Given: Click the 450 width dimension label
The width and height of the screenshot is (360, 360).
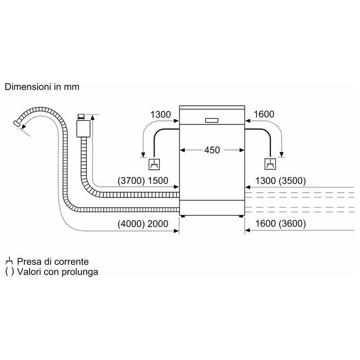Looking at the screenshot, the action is [x=212, y=150].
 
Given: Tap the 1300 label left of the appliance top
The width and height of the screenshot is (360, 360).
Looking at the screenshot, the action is [x=160, y=114].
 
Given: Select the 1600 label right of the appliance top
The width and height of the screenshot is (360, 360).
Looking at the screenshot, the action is [x=264, y=114].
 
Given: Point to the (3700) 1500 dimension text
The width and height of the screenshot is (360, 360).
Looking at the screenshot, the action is [x=143, y=181].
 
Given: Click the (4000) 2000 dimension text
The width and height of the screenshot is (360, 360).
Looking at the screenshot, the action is [x=143, y=223].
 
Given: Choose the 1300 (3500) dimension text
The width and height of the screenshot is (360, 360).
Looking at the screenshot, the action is [x=281, y=181].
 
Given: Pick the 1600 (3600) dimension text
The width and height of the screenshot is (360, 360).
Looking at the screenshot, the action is [x=281, y=223].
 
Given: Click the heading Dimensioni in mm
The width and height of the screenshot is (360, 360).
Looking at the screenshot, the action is [x=42, y=87].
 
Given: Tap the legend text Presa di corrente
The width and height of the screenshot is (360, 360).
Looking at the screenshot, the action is [x=53, y=262].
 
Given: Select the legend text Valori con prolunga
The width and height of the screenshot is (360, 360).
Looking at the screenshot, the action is [x=58, y=272].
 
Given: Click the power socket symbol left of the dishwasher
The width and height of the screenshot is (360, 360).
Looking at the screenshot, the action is [x=154, y=164].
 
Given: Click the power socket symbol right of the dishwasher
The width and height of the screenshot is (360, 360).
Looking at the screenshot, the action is [x=270, y=164].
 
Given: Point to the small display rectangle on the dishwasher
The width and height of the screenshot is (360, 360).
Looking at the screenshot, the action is [x=212, y=120].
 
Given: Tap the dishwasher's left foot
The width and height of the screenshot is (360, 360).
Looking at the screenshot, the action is [x=183, y=217].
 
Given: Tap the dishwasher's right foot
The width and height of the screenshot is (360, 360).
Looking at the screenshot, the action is [x=241, y=217].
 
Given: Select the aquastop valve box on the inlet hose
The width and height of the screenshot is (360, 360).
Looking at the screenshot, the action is [x=83, y=129].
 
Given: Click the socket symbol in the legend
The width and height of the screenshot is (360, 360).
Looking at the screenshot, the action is [x=9, y=262].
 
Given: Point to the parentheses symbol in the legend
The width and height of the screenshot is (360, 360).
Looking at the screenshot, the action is [x=10, y=272].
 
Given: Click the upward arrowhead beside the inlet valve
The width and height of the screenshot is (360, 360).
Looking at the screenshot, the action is [x=93, y=118].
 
